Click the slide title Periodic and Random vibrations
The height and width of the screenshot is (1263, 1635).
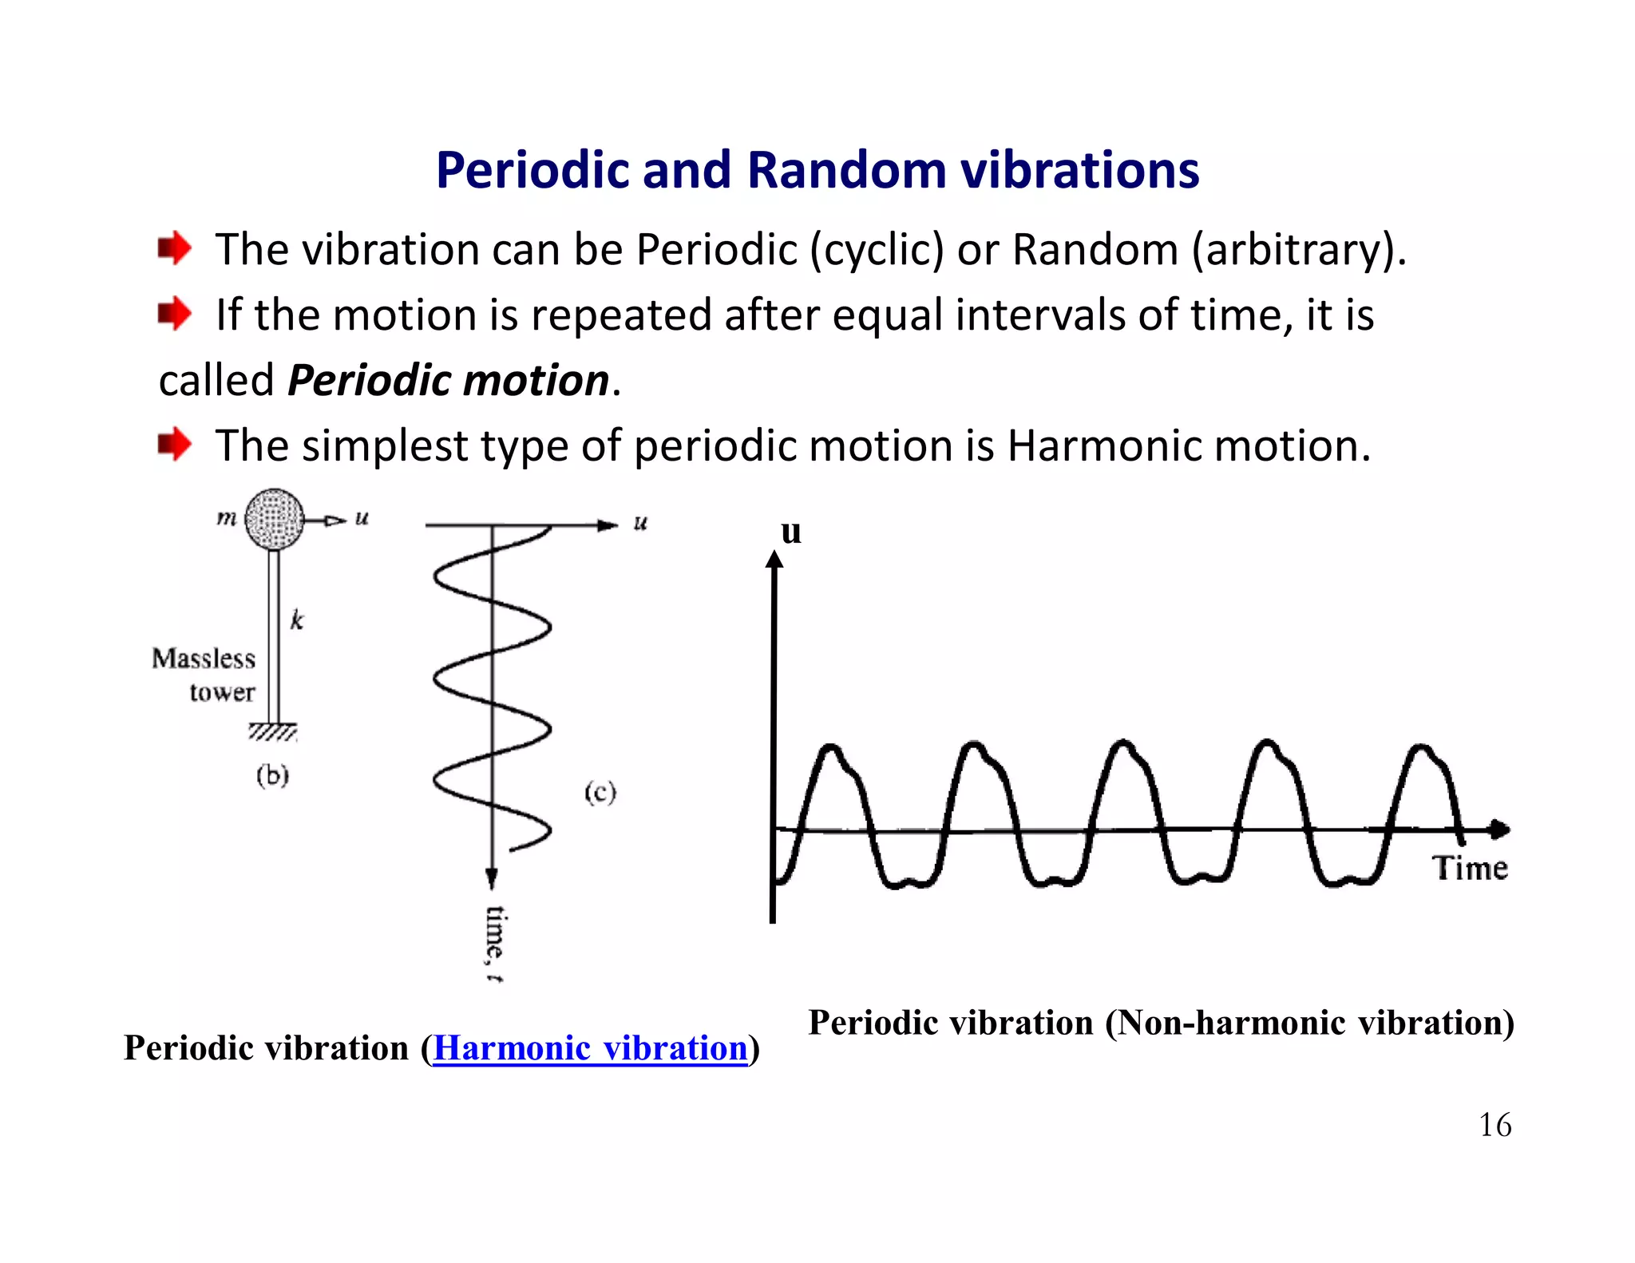817,170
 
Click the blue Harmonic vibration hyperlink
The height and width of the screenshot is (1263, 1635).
590,1048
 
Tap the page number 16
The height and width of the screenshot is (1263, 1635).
1494,1125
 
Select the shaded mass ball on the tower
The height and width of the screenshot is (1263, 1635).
274,519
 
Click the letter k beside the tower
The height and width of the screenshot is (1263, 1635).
297,620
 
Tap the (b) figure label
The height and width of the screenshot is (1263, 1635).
272,775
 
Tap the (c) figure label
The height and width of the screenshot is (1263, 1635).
600,792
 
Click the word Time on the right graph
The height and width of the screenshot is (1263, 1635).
1469,868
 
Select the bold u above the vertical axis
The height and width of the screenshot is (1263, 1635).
790,532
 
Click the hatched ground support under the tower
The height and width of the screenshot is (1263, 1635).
273,732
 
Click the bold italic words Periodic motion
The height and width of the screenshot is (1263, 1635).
449,380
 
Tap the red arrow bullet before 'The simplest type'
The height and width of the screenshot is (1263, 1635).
174,444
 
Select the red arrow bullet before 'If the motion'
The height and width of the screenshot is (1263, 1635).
174,313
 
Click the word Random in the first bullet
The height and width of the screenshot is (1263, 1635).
1095,250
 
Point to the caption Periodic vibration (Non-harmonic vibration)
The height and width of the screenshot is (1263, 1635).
1161,1023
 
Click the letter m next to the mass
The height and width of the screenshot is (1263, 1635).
227,518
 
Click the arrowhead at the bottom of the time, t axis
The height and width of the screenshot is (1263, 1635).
492,879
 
